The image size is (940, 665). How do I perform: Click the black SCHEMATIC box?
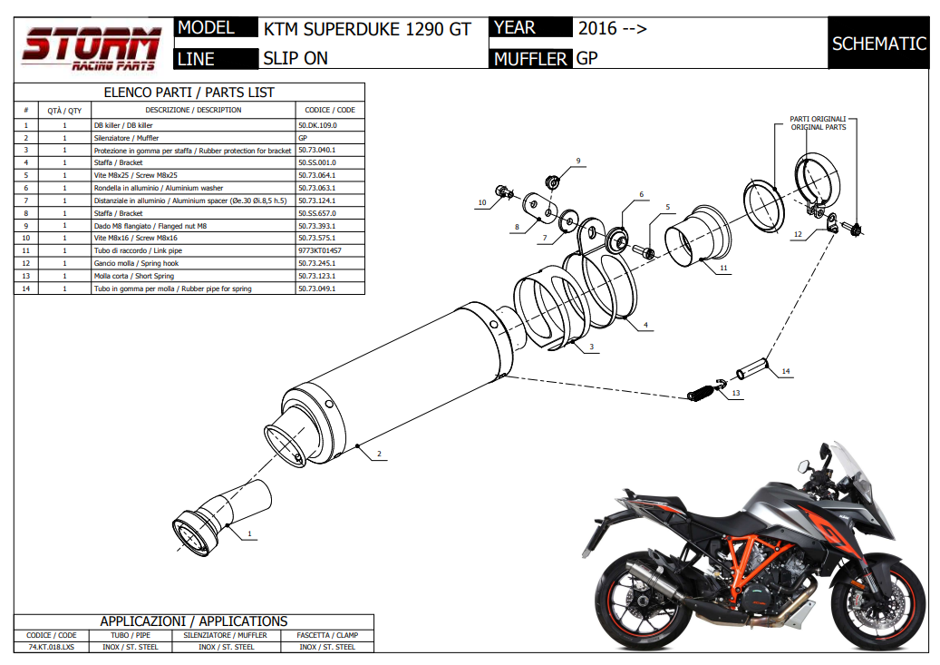[878, 44]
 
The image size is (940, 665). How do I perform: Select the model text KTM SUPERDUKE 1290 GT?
[367, 29]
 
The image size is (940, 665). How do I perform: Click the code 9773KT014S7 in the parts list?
[319, 249]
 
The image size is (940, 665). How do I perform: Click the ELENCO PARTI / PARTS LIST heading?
[189, 92]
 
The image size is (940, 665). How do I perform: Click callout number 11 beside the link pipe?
[723, 269]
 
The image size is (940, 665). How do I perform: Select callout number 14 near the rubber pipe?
[786, 371]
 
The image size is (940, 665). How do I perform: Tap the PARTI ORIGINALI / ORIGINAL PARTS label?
[818, 122]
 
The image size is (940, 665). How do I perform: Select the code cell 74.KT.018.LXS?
[52, 647]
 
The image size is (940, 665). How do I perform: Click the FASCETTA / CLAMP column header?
[327, 635]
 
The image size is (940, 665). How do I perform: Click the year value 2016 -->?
[612, 29]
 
